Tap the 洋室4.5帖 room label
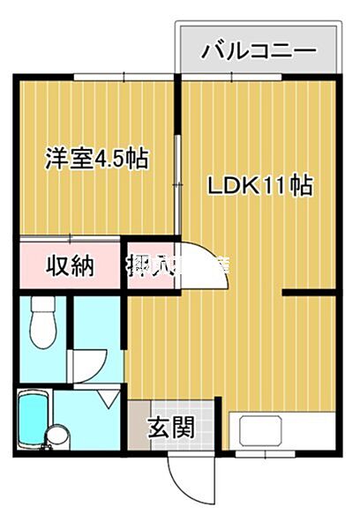click(97, 160)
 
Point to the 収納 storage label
click(70, 264)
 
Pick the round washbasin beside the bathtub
click(58, 436)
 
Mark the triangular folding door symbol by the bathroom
click(108, 398)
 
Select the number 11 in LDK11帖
click(278, 186)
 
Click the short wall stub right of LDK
click(309, 290)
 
